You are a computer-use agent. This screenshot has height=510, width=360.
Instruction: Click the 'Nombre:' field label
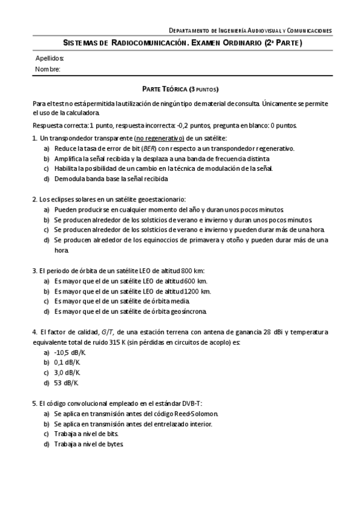(x=47, y=69)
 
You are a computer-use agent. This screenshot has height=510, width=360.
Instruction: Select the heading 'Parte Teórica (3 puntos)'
(x=180, y=88)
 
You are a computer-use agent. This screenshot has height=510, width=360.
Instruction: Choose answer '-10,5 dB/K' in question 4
(x=70, y=353)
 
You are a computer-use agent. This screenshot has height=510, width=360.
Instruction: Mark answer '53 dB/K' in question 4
(x=66, y=382)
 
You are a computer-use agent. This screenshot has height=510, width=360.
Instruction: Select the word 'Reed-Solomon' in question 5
(x=198, y=414)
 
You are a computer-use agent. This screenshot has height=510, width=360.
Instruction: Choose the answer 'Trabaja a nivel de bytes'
(x=89, y=444)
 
